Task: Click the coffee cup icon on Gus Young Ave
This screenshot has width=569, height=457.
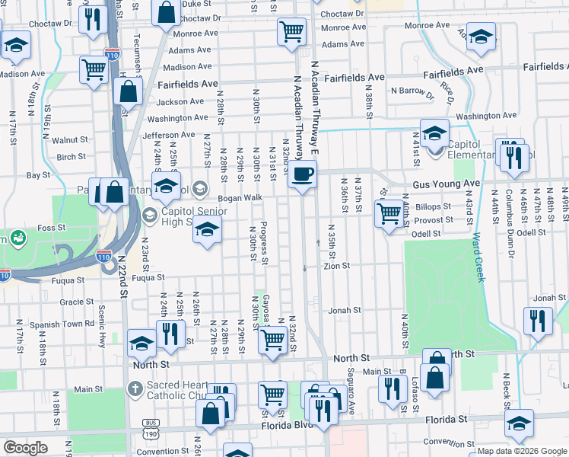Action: click(x=303, y=174)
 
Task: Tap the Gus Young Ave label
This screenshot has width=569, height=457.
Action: click(x=447, y=184)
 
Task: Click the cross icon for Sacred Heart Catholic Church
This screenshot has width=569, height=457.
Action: click(x=135, y=389)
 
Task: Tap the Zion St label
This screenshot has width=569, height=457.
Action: click(x=336, y=266)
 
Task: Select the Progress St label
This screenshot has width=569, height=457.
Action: click(x=263, y=243)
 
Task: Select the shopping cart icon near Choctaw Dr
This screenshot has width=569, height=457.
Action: click(x=291, y=32)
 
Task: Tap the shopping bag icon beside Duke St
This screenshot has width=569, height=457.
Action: click(x=165, y=12)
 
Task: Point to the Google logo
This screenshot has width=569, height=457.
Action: click(x=26, y=447)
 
